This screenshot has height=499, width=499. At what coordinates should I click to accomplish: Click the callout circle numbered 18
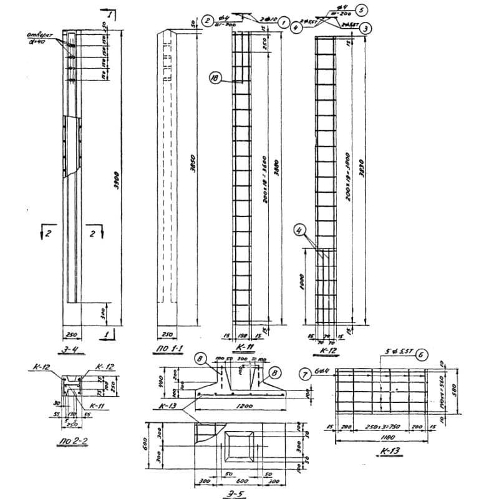click(215, 79)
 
